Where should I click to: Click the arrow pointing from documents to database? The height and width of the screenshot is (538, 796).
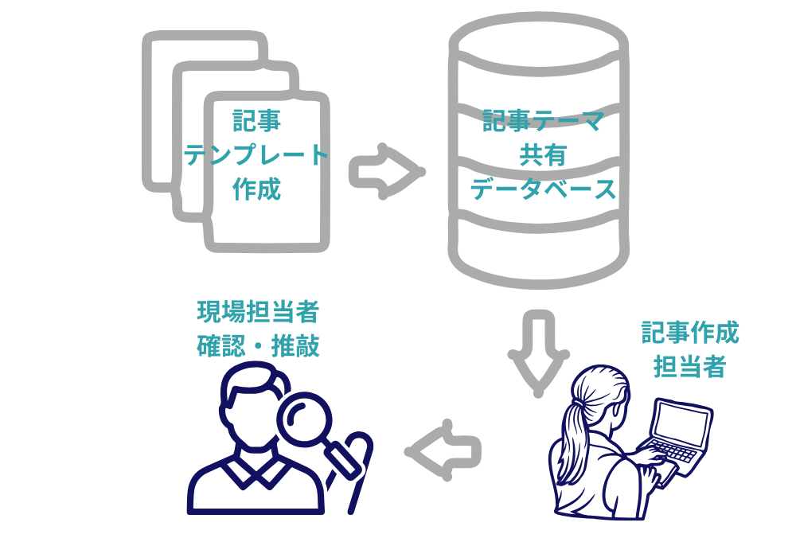[x=384, y=171]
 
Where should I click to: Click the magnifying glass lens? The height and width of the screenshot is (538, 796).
[x=305, y=419]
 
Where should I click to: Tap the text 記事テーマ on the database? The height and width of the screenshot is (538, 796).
[x=544, y=122]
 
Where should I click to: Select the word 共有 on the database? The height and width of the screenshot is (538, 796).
[x=543, y=155]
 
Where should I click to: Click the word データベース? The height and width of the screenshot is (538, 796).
[x=543, y=189]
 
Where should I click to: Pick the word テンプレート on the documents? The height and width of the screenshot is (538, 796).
[x=256, y=154]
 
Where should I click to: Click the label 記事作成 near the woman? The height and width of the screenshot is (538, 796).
[x=690, y=333]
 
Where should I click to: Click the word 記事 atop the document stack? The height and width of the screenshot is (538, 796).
[x=256, y=121]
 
